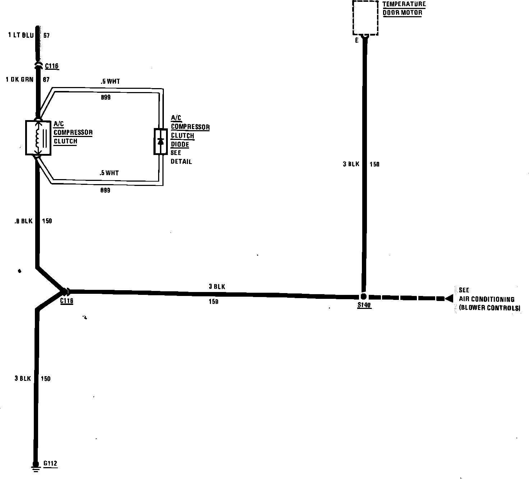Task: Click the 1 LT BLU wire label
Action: [x=20, y=35]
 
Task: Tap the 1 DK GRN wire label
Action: [x=19, y=79]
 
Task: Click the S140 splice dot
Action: [x=363, y=297]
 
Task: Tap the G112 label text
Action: [x=50, y=463]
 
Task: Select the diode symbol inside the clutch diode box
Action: [x=161, y=141]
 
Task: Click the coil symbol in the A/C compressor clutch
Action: [x=37, y=138]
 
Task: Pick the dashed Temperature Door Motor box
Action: [x=365, y=18]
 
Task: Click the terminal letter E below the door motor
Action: [x=357, y=41]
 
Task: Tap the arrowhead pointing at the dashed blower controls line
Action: [x=448, y=298]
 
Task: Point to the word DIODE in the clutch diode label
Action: [x=180, y=145]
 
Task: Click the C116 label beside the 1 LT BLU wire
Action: [x=52, y=66]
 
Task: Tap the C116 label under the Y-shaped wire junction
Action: [x=66, y=301]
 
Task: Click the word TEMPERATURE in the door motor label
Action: [x=404, y=4]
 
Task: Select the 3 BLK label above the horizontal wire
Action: [x=217, y=287]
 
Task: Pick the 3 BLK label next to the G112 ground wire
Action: [x=23, y=378]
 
